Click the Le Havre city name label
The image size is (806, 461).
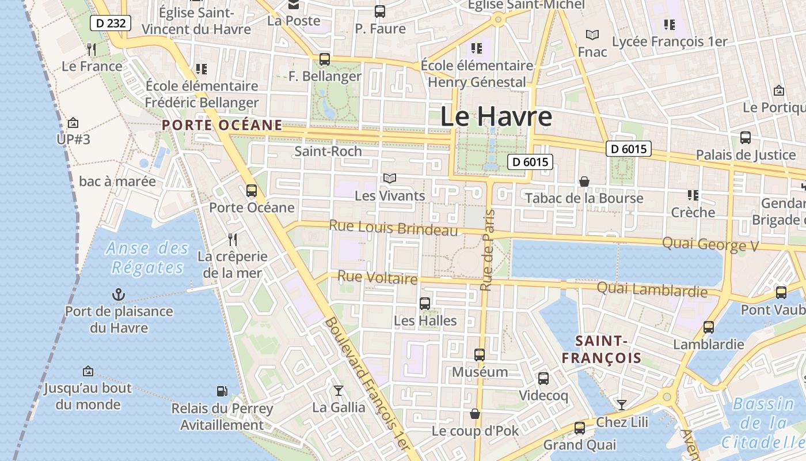[496, 116]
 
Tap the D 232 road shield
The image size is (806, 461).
[111, 24]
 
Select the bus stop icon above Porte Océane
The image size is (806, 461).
[252, 191]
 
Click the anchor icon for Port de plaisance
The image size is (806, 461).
[119, 295]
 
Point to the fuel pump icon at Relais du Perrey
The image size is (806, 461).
[222, 391]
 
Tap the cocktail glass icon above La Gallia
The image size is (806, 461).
[339, 391]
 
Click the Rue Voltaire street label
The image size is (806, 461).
[377, 277]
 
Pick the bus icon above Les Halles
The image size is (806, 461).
[425, 304]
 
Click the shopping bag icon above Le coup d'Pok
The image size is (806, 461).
[475, 414]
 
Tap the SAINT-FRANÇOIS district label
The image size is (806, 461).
[601, 349]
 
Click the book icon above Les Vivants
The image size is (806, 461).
[390, 179]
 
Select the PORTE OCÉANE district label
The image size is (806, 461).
[222, 125]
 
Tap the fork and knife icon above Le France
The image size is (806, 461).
[92, 50]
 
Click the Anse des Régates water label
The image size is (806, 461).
[147, 258]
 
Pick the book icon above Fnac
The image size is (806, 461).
[592, 35]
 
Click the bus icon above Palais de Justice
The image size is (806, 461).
[746, 138]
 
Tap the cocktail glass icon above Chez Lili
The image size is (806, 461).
[622, 405]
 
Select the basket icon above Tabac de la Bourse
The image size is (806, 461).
[584, 182]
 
